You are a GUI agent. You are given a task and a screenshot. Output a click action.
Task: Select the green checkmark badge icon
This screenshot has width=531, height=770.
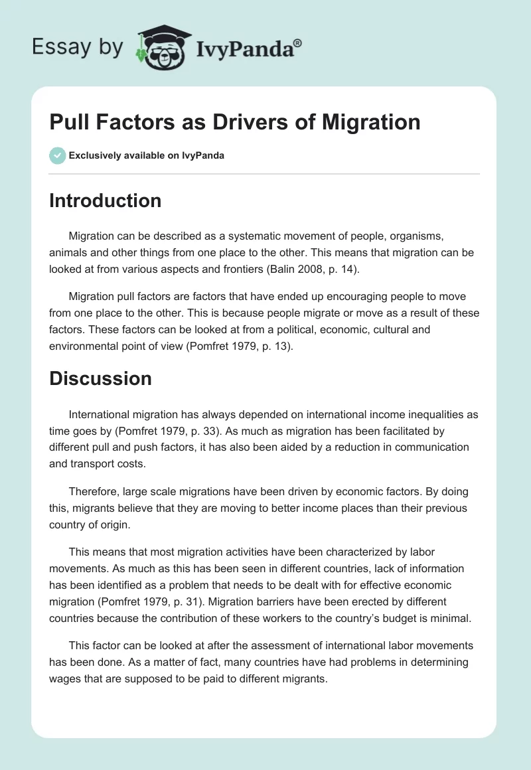[x=57, y=155]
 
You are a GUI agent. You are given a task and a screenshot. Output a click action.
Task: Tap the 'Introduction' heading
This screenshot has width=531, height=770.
[x=105, y=200]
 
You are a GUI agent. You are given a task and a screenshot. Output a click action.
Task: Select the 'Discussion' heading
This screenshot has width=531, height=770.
[x=100, y=378]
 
